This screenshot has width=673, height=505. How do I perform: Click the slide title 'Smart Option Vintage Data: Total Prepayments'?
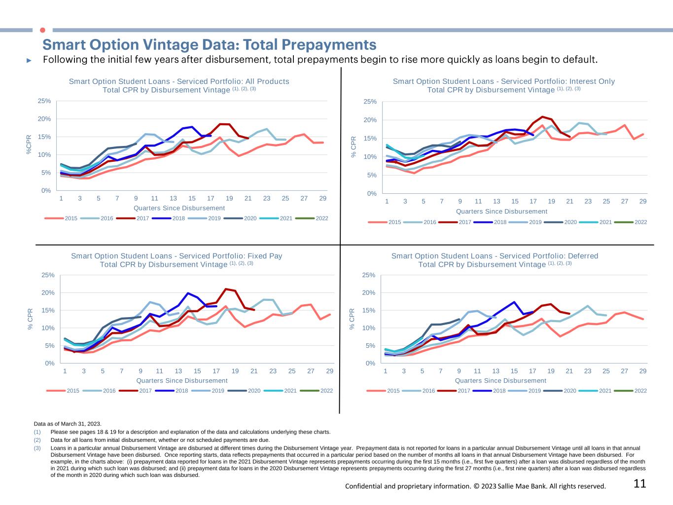pyautogui.click(x=210, y=45)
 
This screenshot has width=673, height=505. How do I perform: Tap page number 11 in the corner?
pyautogui.click(x=639, y=484)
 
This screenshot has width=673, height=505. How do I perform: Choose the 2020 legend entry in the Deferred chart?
pyautogui.click(x=569, y=391)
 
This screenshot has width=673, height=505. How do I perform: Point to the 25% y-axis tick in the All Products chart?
pyautogui.click(x=44, y=101)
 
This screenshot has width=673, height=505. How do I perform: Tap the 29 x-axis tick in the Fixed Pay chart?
pyautogui.click(x=330, y=371)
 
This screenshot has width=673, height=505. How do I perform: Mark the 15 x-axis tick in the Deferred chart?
pyautogui.click(x=514, y=371)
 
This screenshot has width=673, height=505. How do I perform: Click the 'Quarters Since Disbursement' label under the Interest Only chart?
pyautogui.click(x=501, y=212)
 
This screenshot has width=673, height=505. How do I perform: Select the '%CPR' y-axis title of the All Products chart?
pyautogui.click(x=29, y=144)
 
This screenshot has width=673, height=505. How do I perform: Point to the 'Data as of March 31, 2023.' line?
pyautogui.click(x=68, y=424)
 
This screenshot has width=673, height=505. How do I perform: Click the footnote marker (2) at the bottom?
pyautogui.click(x=37, y=440)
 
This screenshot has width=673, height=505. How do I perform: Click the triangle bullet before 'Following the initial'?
pyautogui.click(x=29, y=60)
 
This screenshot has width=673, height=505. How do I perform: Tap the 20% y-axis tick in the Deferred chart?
pyautogui.click(x=368, y=293)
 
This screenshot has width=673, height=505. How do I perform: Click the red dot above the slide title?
pyautogui.click(x=42, y=30)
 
